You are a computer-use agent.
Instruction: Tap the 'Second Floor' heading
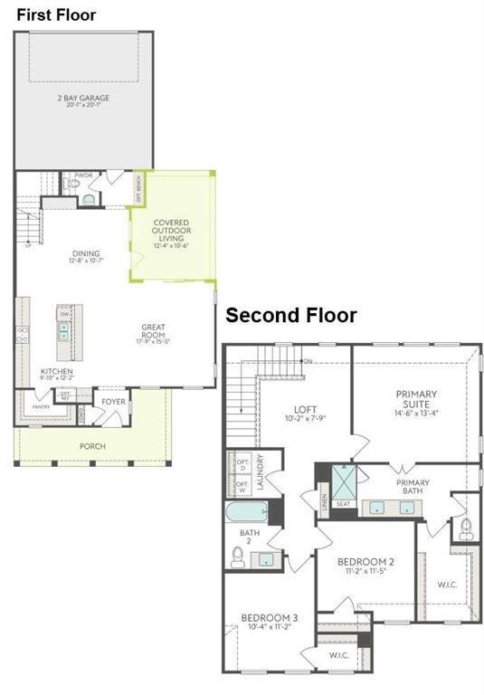(x=290, y=315)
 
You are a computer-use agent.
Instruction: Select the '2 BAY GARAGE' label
(x=84, y=98)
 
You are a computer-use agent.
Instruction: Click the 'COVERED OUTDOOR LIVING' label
(x=172, y=232)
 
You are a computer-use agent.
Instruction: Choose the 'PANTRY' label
(x=42, y=407)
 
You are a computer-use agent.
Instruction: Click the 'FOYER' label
(x=114, y=401)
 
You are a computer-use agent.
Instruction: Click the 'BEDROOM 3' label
(x=269, y=618)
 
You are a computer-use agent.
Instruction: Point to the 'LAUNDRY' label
(x=260, y=471)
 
